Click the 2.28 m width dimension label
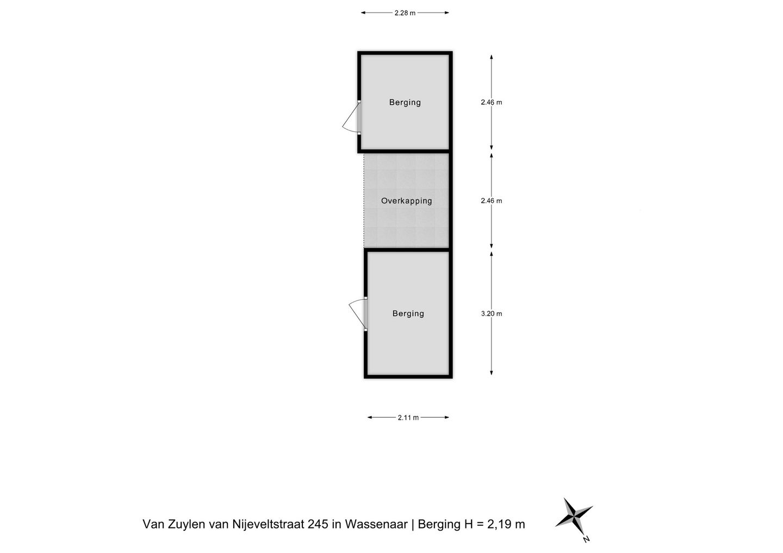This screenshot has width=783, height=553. click(405, 13)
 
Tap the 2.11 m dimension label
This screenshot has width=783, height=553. click(408, 418)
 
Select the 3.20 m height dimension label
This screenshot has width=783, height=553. click(491, 313)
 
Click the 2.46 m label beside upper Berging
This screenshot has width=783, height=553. click(491, 102)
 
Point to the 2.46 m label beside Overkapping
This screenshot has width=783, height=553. click(491, 200)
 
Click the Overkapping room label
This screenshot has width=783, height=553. click(406, 201)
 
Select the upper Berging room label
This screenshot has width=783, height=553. click(405, 102)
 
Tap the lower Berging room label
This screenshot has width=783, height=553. click(408, 313)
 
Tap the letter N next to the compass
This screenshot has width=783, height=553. click(586, 539)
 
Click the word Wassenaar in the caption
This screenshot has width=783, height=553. click(376, 524)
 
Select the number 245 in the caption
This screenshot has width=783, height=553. click(318, 524)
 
